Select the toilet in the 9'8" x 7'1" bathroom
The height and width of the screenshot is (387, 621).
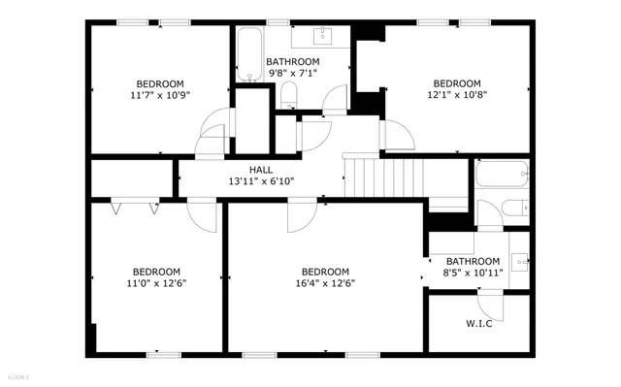point(288,94)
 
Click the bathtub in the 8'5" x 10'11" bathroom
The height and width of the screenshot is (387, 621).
point(501,176)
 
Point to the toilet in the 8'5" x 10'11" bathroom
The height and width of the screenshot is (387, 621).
point(515,208)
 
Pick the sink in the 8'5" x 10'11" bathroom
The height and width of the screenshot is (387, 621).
point(520,260)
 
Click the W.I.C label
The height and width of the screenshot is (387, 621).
point(478,323)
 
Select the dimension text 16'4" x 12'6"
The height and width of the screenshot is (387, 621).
point(324,283)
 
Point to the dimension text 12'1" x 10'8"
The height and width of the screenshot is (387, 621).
point(456,95)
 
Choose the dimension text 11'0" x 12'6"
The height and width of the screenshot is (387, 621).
point(157,283)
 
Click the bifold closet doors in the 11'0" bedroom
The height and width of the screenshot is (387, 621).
point(135,206)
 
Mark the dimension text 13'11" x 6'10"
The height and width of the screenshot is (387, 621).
point(260,181)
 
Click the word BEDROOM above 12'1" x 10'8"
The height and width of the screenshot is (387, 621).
point(456,83)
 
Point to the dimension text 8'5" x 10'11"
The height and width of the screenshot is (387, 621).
point(473,274)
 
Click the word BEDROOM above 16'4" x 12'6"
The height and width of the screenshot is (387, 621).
point(324,272)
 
